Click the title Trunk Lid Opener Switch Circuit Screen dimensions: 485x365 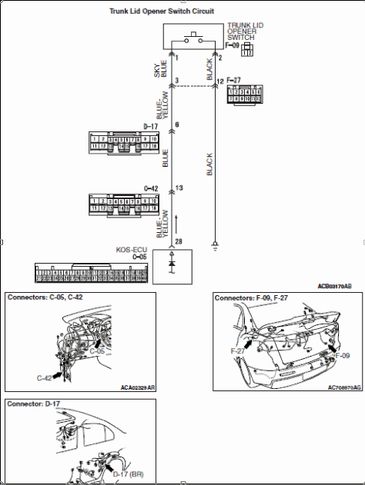(178, 12)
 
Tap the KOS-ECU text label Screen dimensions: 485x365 (133, 250)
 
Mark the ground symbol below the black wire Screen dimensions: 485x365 (216, 247)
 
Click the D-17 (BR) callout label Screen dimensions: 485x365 (129, 474)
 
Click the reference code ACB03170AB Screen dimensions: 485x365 (335, 285)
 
